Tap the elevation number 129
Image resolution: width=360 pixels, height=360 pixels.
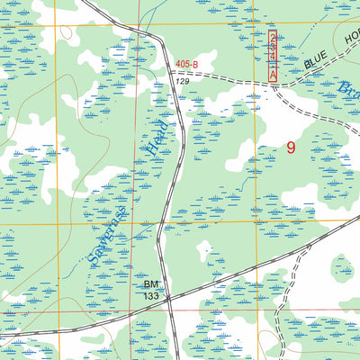click(x=183, y=82)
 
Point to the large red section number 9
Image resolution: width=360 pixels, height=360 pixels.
click(x=290, y=148)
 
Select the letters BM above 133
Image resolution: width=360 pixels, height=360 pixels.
click(x=152, y=285)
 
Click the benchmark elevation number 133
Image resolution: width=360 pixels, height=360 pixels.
click(x=152, y=297)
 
